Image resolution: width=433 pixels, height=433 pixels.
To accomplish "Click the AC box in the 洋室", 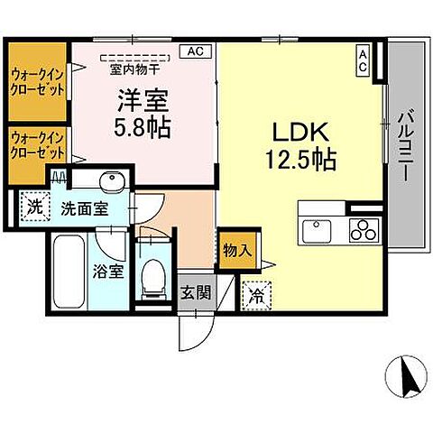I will [x=195, y=51].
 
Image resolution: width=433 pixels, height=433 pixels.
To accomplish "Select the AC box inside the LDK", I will [x=364, y=60].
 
